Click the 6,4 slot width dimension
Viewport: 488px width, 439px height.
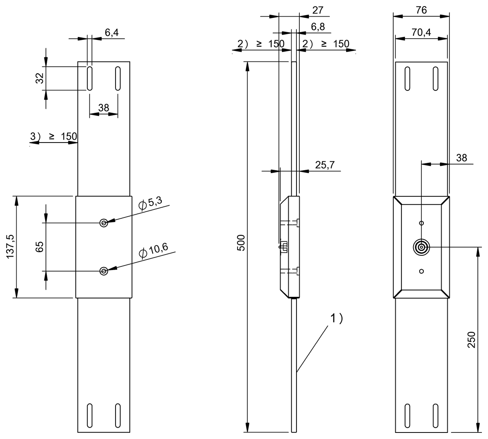pyautogui.click(x=111, y=33)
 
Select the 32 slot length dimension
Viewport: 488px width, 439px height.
pyautogui.click(x=39, y=78)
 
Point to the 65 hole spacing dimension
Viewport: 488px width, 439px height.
pyautogui.click(x=39, y=247)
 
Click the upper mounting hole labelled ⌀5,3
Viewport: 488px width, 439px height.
pyautogui.click(x=104, y=223)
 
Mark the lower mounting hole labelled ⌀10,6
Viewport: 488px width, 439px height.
pyautogui.click(x=104, y=271)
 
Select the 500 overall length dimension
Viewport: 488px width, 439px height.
pyautogui.click(x=241, y=243)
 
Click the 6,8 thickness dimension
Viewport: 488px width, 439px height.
pyautogui.click(x=318, y=27)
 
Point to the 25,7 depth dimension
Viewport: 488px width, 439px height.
pyautogui.click(x=325, y=165)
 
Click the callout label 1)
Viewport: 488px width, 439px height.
pyautogui.click(x=336, y=318)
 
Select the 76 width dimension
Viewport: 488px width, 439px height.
pyautogui.click(x=421, y=10)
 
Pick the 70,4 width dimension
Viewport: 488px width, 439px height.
pyautogui.click(x=421, y=33)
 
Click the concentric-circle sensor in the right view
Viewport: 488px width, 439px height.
pyautogui.click(x=421, y=247)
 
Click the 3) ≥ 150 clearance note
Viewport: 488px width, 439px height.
pyautogui.click(x=54, y=136)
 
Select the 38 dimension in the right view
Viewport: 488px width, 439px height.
pyautogui.click(x=462, y=158)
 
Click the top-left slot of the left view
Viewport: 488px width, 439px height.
pyautogui.click(x=89, y=78)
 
